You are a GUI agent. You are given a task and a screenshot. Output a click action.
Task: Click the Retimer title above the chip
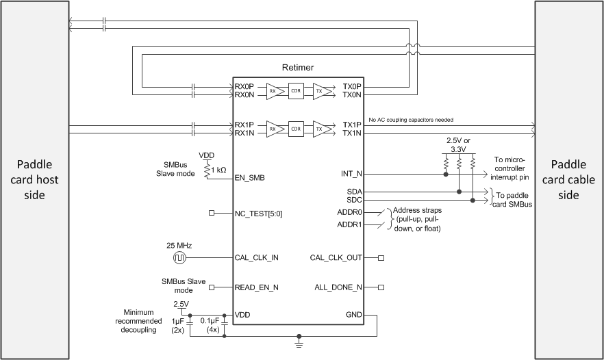tap(297, 67)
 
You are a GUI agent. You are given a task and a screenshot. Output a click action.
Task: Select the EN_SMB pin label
tap(251, 178)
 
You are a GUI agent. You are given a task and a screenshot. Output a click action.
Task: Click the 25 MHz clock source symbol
tap(179, 258)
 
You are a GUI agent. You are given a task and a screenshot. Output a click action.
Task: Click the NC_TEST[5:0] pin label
tap(259, 214)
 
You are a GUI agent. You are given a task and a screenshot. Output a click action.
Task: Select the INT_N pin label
tap(351, 174)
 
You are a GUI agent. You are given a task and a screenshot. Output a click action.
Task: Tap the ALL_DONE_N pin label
tap(337, 287)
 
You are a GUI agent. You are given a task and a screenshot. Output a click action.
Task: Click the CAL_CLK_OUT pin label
tap(336, 258)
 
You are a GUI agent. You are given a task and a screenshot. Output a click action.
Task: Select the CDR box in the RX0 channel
tap(296, 90)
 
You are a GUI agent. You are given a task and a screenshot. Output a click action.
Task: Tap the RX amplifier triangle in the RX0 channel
tap(274, 90)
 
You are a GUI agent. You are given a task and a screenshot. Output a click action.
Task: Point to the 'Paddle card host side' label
tap(34, 180)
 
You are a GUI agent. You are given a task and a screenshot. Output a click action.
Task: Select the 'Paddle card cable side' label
tap(569, 180)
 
